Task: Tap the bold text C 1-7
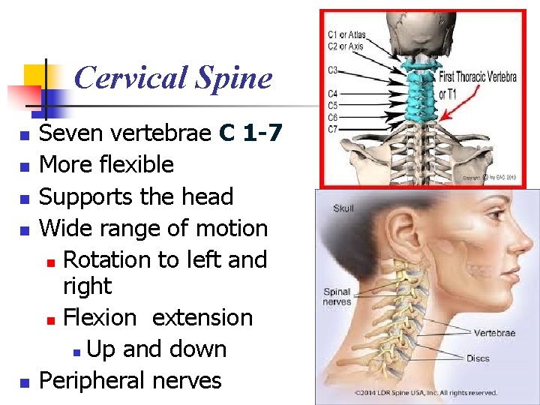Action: pos(250,133)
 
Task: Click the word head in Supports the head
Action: pos(208,196)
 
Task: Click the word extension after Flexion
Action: pos(202,317)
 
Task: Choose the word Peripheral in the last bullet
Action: pos(85,380)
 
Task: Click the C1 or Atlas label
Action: pos(346,34)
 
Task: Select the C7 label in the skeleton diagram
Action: pos(333,128)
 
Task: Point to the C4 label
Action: pos(333,94)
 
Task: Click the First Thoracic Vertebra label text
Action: pos(477,76)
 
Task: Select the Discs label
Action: pos(478,358)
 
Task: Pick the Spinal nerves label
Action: pos(337,297)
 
